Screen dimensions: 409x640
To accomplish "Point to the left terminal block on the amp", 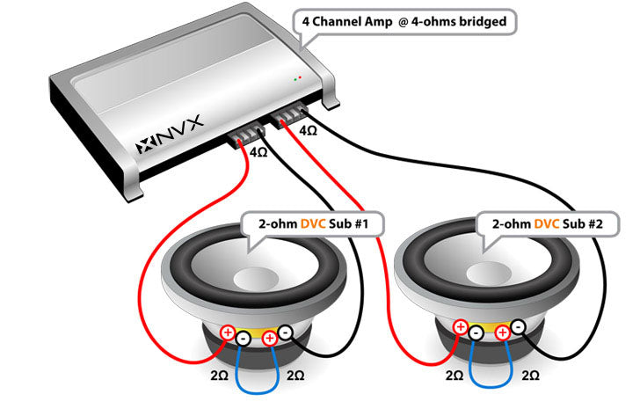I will click(x=249, y=135).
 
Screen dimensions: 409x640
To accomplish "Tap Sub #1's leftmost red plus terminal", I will click(x=228, y=333).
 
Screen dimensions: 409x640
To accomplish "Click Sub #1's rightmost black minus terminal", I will click(x=286, y=332).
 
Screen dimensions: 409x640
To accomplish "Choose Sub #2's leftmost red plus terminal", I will click(x=459, y=328).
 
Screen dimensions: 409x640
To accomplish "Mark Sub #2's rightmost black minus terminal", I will click(x=519, y=328).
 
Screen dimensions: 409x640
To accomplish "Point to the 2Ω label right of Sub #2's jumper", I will click(x=532, y=376).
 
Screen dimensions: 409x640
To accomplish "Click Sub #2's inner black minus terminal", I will click(x=476, y=333).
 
